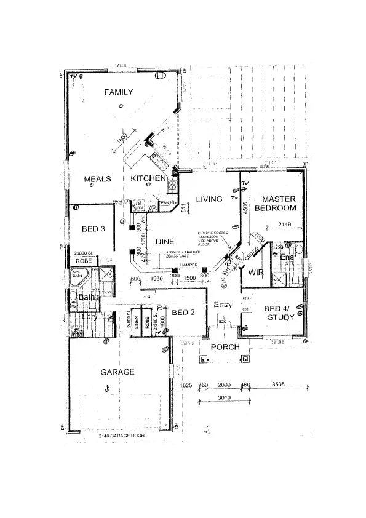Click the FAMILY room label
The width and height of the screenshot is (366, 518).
tap(119, 92)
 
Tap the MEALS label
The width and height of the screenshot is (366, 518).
tap(97, 179)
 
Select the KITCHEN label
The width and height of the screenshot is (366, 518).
tap(148, 179)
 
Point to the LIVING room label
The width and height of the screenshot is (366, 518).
tap(209, 199)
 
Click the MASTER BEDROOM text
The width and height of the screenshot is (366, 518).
tap(279, 204)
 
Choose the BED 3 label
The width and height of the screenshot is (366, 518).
tap(94, 229)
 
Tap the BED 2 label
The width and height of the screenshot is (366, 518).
tap(183, 313)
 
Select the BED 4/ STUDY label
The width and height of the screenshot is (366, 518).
tap(279, 313)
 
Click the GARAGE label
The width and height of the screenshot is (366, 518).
tap(117, 372)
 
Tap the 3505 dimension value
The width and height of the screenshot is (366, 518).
tap(279, 385)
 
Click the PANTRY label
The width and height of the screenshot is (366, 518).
tap(169, 202)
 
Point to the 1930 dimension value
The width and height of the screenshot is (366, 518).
tap(157, 279)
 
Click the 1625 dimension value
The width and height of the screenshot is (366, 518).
tap(185, 385)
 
